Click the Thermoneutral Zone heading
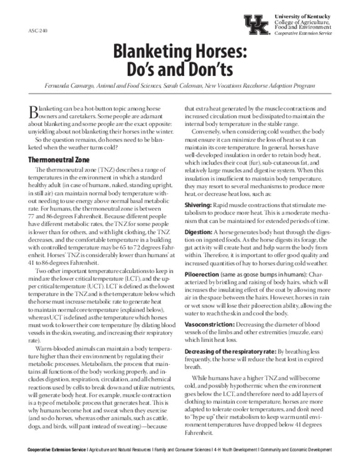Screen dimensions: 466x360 tap(59, 160)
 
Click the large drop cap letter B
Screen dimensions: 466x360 tap(32, 111)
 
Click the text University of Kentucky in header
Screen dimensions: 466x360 tap(303, 16)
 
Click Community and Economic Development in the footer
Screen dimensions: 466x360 tap(296, 450)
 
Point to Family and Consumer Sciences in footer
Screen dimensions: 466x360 tap(183, 450)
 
